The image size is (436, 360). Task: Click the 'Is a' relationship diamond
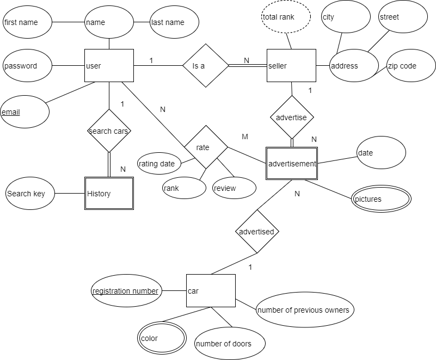tap(206, 66)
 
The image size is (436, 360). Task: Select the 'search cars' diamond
tap(109, 131)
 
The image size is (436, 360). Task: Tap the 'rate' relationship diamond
tap(204, 147)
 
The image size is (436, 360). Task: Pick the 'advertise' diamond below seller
tap(292, 117)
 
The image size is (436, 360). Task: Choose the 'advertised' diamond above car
tap(257, 232)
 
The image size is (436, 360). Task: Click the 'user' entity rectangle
tap(109, 66)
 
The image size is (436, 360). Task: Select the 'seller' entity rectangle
tap(291, 66)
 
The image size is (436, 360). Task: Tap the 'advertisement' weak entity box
tap(292, 164)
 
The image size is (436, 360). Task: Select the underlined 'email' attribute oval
tap(24, 112)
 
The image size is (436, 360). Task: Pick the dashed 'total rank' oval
tap(286, 17)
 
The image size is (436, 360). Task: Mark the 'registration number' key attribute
tap(126, 291)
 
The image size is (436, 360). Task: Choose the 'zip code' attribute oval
tap(411, 66)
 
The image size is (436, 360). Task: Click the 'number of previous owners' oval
tap(305, 310)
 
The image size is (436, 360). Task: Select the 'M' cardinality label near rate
tap(245, 137)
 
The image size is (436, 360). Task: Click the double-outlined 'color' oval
tap(162, 338)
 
